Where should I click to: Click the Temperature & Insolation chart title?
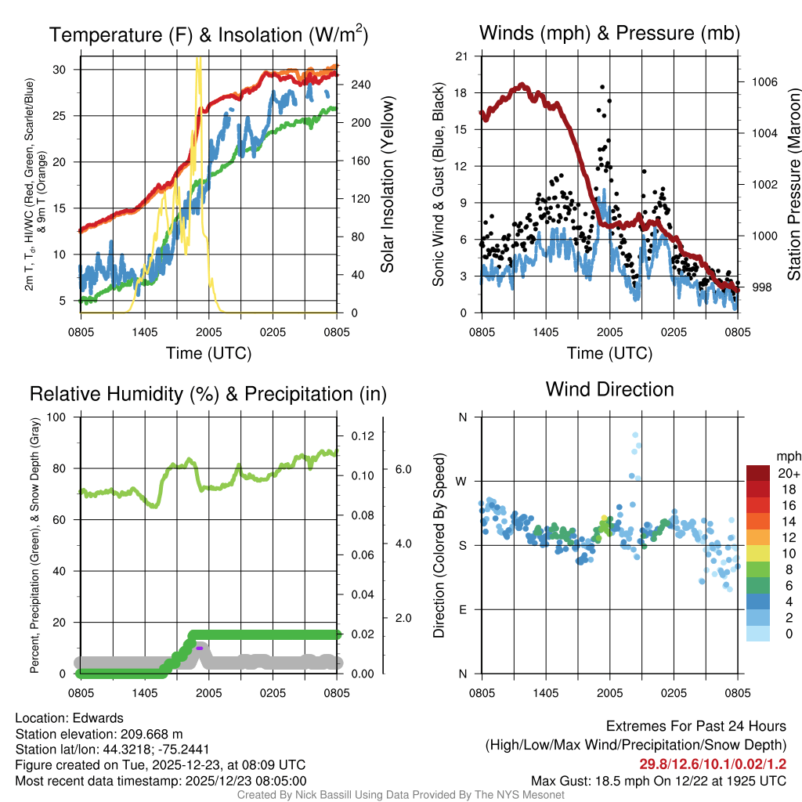tap(209, 34)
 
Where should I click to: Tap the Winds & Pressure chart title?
tap(609, 33)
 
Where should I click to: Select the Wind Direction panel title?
tap(609, 389)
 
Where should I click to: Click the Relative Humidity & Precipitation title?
tap(208, 394)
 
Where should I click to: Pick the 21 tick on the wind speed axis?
tap(461, 56)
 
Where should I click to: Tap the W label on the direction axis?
tap(462, 481)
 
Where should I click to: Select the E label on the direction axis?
tap(462, 609)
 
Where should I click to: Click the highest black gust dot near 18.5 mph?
tap(602, 87)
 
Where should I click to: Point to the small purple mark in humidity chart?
tap(200, 648)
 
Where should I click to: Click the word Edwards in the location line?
tap(98, 718)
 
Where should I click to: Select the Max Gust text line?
tap(659, 780)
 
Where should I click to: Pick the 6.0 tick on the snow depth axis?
tap(403, 469)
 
